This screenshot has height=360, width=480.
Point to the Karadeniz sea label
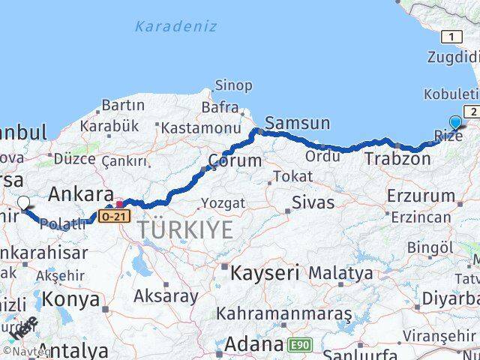175,26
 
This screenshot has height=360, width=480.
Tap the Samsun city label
297,123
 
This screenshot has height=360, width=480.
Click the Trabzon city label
397,159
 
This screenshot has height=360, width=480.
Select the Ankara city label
80,194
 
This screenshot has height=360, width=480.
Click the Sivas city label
312,202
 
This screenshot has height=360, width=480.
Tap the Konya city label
72,299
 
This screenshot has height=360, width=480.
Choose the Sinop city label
233,85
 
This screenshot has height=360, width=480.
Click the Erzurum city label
421,196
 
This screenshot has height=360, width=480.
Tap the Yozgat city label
223,203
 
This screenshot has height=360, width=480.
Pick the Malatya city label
340,273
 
